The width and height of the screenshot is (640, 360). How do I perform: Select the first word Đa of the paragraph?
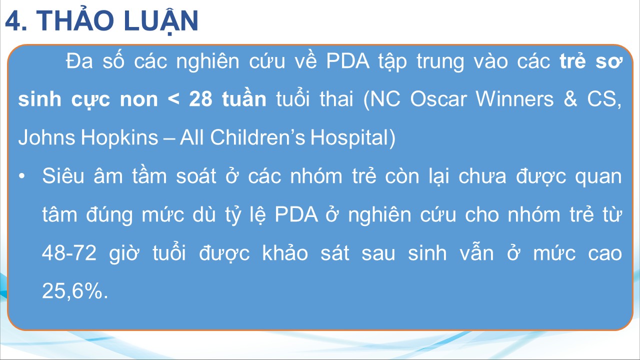pos(79,61)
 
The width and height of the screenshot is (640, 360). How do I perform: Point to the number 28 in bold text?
pos(201,99)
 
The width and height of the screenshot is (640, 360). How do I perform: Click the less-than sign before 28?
pos(173,99)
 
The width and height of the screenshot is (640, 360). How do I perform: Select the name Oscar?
pos(438,99)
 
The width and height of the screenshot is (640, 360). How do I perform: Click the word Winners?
pos(514,99)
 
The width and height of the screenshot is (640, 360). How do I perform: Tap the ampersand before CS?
pos(570,99)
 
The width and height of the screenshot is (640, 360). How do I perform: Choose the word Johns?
pos(45,137)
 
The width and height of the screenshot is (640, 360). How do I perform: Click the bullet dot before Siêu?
pos(21,176)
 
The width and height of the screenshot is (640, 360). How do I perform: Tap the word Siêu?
pos(63,175)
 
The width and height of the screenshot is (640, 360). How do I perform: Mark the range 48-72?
pos(69,253)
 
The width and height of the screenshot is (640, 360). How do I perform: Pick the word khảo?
pos(285,252)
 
